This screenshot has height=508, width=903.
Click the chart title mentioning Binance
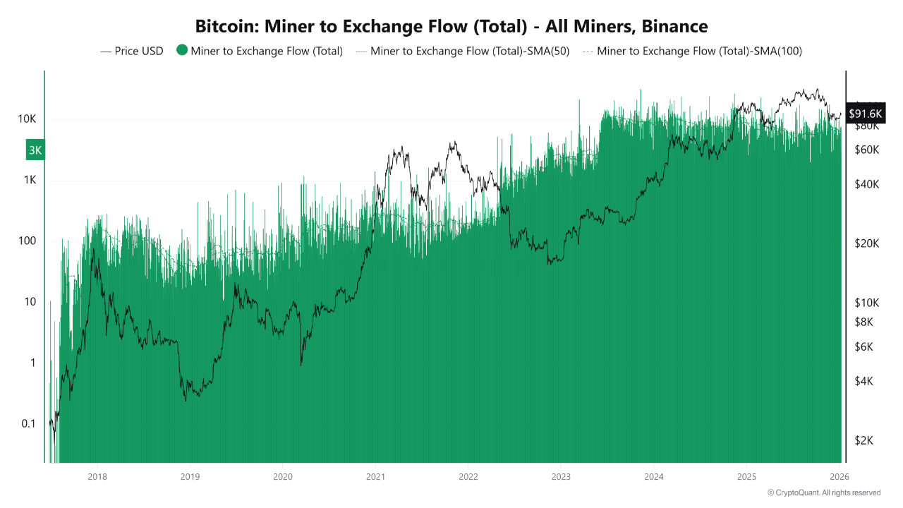[x=451, y=27]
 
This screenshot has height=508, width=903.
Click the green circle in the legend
[x=182, y=50]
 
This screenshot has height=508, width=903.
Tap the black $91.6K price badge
[x=865, y=113]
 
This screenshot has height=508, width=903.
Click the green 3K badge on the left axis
[x=35, y=150]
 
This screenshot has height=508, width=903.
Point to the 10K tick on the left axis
[x=28, y=119]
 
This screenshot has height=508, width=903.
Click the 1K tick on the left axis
[x=30, y=180]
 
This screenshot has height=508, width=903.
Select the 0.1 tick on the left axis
[x=28, y=423]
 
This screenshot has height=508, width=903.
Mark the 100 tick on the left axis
[x=28, y=241]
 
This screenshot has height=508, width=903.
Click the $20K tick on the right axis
[x=866, y=243]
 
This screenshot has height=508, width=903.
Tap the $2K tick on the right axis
[x=866, y=440]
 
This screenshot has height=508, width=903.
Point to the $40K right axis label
[x=866, y=184]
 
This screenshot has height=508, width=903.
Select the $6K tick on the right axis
[x=866, y=347]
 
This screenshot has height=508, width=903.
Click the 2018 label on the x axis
[x=97, y=476]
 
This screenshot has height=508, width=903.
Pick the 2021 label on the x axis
[x=375, y=476]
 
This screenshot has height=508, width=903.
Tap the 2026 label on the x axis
[x=839, y=476]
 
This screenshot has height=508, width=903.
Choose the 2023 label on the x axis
[x=561, y=476]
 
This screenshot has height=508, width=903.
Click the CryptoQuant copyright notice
[x=823, y=492]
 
